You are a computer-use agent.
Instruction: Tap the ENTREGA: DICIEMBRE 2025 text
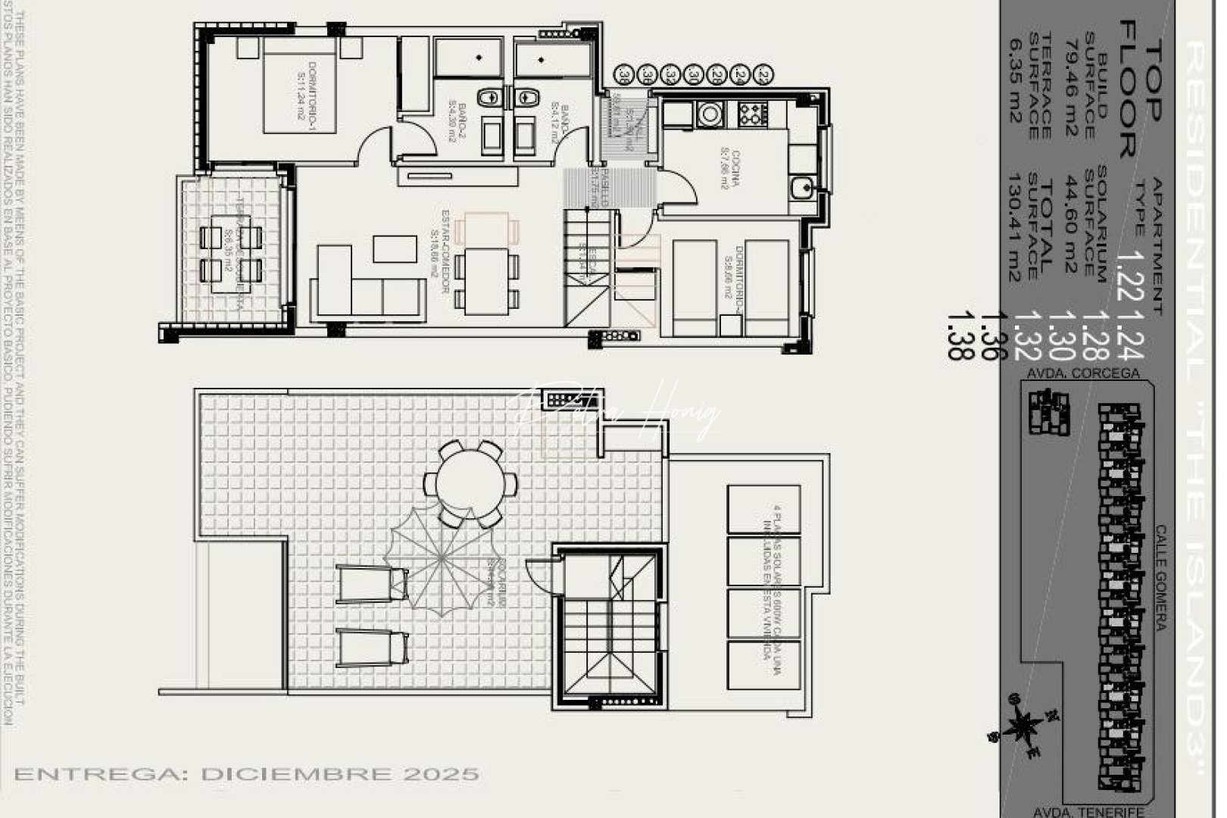[247, 774]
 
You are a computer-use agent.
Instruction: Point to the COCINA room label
[729, 170]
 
